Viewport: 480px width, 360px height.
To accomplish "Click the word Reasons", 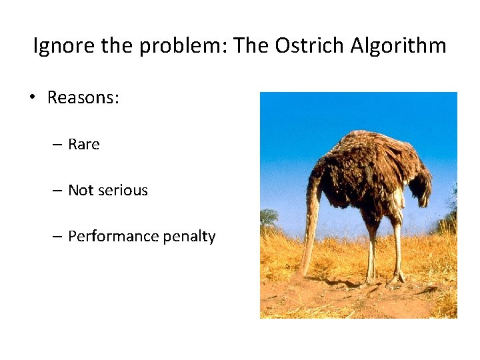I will [x=83, y=97].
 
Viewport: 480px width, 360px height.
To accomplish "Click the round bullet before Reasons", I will [x=31, y=98].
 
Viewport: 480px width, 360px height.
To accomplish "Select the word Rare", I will [x=83, y=145].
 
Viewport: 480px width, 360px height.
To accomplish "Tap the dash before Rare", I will [x=57, y=145].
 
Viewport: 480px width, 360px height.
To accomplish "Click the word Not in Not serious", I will [x=81, y=190].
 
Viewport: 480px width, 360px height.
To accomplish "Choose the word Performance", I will [x=109, y=236].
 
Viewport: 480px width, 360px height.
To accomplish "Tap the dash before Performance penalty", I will [x=57, y=237].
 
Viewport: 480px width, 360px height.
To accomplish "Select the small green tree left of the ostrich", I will [x=269, y=217].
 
